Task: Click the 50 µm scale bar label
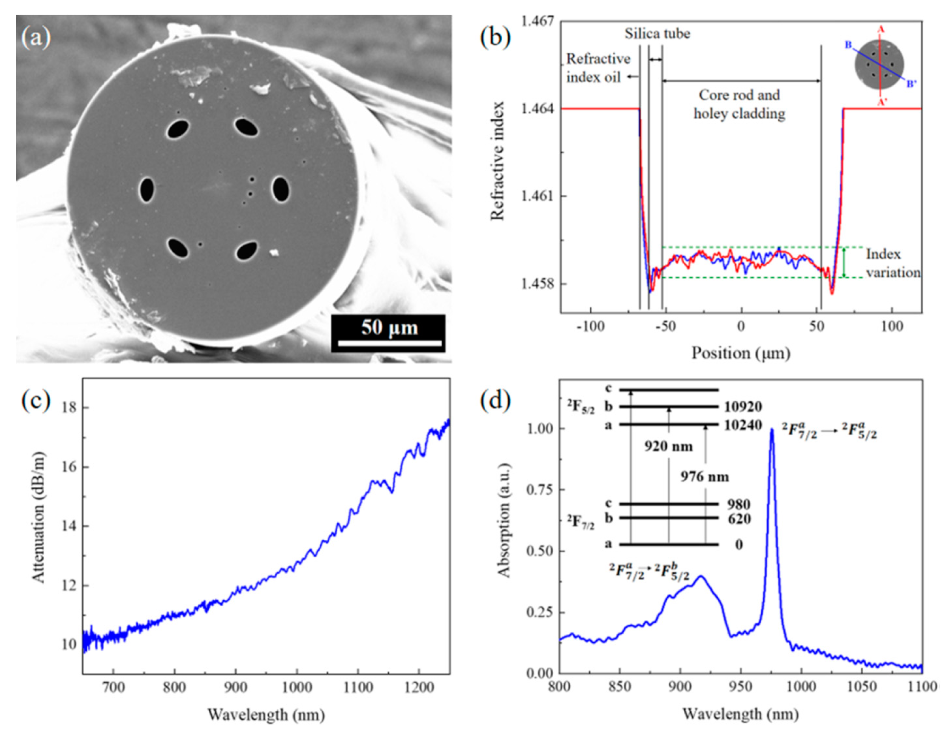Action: (389, 327)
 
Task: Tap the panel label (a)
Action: (36, 37)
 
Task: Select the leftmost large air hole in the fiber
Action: (147, 190)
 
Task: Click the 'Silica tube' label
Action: (657, 34)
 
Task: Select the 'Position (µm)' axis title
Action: (741, 353)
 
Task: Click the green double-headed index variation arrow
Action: (844, 263)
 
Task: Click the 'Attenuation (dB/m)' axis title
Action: (38, 517)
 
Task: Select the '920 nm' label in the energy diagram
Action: (668, 446)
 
